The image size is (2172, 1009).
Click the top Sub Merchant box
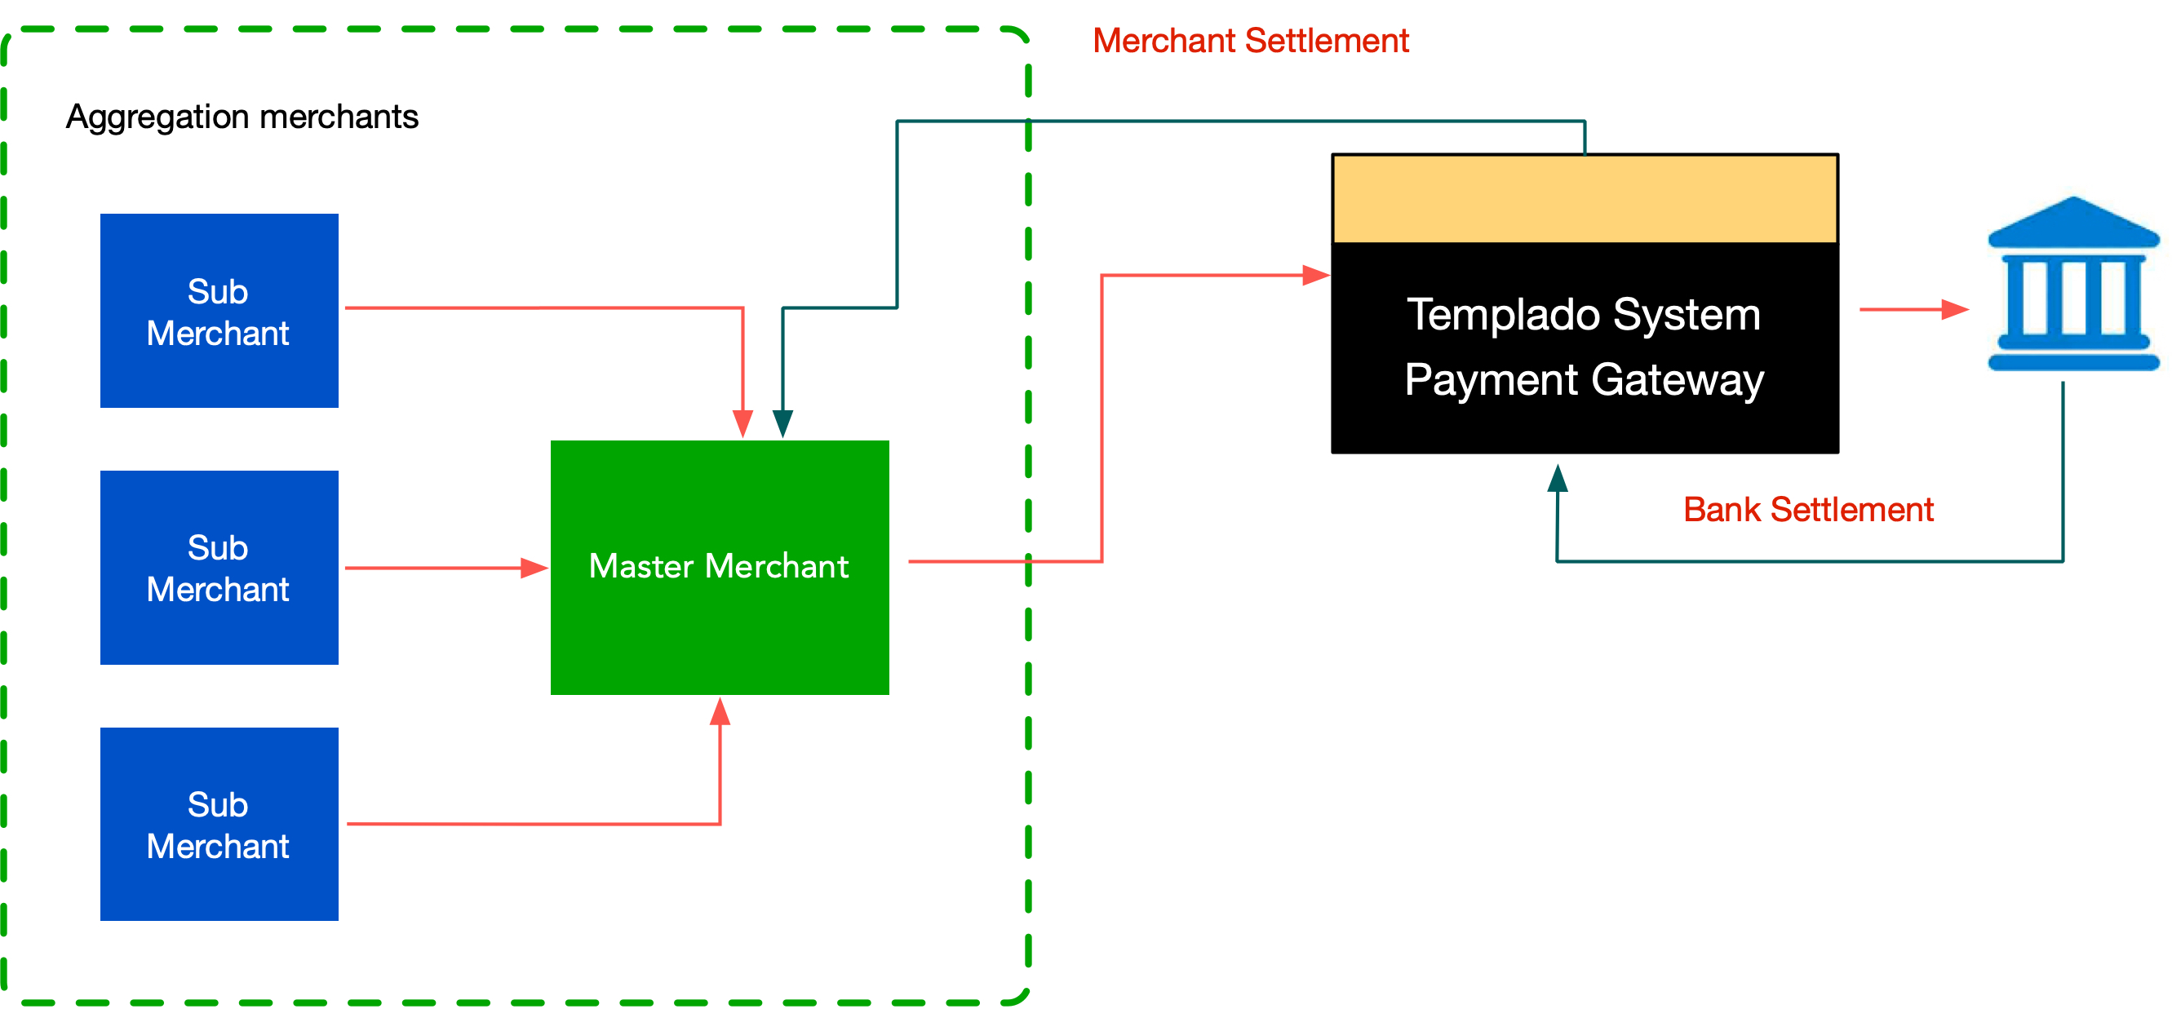pyautogui.click(x=219, y=310)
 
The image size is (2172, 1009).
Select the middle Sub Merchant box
pyautogui.click(x=219, y=567)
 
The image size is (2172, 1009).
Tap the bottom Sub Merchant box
pyautogui.click(x=219, y=824)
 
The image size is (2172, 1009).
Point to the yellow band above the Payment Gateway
pyautogui.click(x=1585, y=199)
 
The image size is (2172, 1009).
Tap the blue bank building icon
pyautogui.click(x=2072, y=286)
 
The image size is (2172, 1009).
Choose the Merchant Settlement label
pyautogui.click(x=1251, y=41)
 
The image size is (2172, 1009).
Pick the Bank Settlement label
pyautogui.click(x=1808, y=510)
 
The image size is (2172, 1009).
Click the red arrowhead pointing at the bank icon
pyautogui.click(x=1954, y=309)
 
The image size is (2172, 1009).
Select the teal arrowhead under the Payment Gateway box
pyautogui.click(x=1558, y=478)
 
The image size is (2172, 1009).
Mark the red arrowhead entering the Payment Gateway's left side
pyautogui.click(x=1315, y=275)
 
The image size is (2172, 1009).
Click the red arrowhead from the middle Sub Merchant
pyautogui.click(x=534, y=569)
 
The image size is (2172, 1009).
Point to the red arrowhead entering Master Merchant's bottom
pyautogui.click(x=719, y=712)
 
